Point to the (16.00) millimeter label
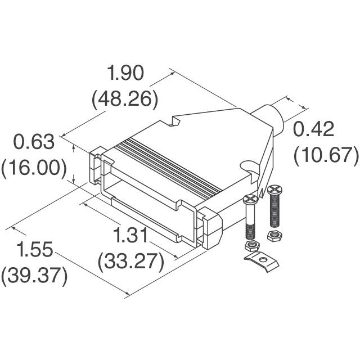tap(35, 168)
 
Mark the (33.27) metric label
tap(131, 261)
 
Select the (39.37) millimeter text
tap(35, 276)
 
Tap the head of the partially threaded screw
tap(250, 198)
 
